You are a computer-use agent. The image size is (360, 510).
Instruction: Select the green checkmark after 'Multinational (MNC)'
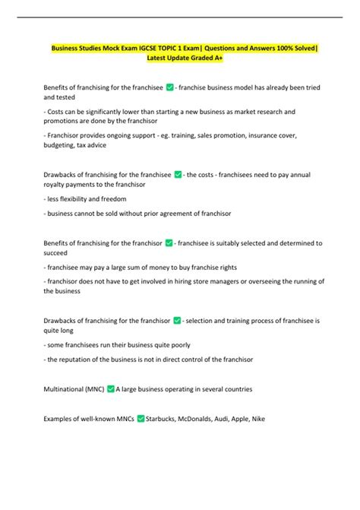(110, 389)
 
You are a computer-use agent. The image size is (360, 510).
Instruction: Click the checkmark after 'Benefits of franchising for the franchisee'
(169, 88)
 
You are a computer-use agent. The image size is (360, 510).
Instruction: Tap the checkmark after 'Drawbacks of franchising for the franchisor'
(177, 320)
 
